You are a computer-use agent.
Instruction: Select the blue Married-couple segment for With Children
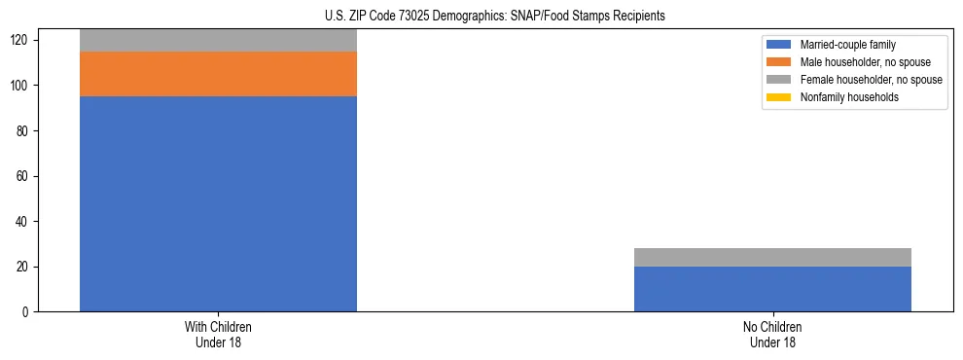click(218, 203)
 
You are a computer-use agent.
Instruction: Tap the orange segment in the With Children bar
click(218, 74)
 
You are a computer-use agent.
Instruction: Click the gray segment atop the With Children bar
click(218, 41)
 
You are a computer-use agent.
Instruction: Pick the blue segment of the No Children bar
click(772, 289)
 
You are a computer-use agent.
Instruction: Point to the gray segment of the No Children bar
click(772, 257)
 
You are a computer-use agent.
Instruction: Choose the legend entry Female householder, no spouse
click(862, 80)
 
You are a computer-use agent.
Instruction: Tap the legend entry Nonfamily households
click(843, 97)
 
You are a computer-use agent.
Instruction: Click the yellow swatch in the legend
click(778, 97)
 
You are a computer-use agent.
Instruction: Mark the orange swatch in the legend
click(778, 62)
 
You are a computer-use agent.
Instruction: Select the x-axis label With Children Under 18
click(218, 335)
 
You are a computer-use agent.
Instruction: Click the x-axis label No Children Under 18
click(772, 335)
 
